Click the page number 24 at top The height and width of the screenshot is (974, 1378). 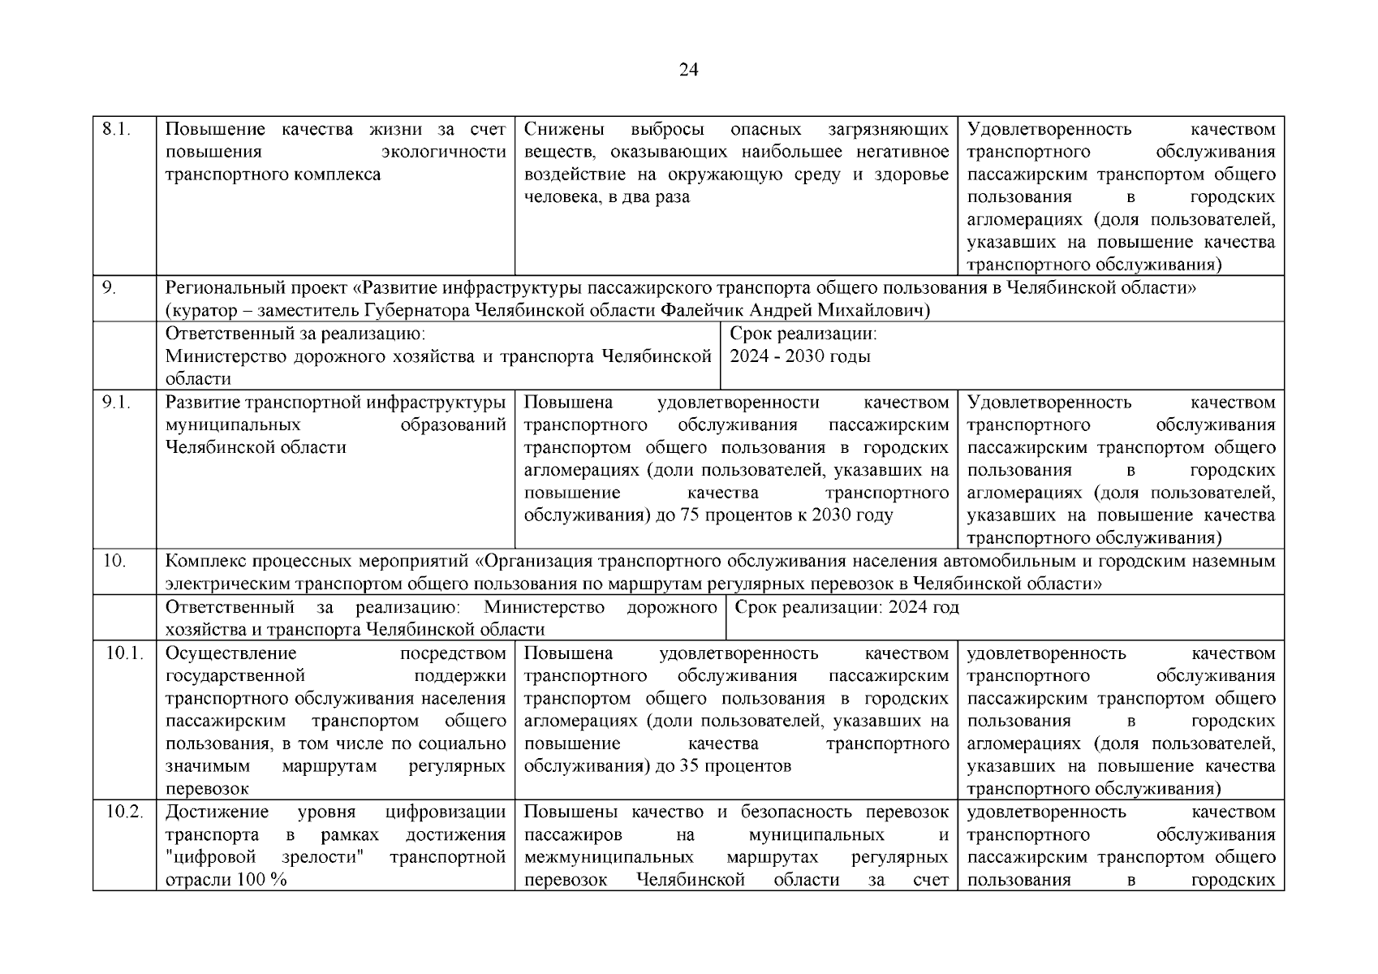(688, 71)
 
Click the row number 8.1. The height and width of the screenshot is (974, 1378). (117, 130)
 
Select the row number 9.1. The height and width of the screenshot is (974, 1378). (117, 403)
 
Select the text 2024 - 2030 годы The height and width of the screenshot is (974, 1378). (799, 357)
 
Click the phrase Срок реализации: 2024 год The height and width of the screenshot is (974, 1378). (846, 608)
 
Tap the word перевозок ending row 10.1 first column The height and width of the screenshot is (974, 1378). (206, 789)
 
